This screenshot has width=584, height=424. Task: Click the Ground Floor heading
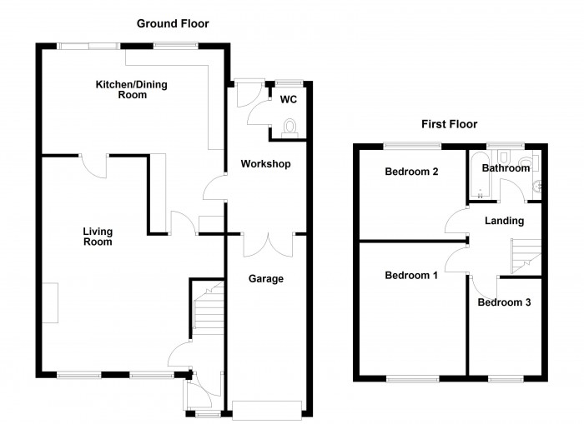click(173, 24)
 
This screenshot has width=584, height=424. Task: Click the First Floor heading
click(449, 124)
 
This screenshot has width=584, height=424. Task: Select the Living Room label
click(98, 237)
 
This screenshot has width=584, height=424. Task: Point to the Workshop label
click(265, 164)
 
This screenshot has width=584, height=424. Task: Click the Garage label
click(266, 279)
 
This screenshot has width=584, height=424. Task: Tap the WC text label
click(289, 100)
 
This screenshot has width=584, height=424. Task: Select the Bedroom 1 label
click(411, 276)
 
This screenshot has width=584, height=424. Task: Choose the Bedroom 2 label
click(412, 172)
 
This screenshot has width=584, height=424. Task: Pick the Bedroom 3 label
click(504, 302)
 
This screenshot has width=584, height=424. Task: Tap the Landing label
click(504, 221)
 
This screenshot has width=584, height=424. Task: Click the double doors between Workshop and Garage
click(268, 243)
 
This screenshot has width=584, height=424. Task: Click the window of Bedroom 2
click(412, 147)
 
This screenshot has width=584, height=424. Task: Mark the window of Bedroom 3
click(504, 379)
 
